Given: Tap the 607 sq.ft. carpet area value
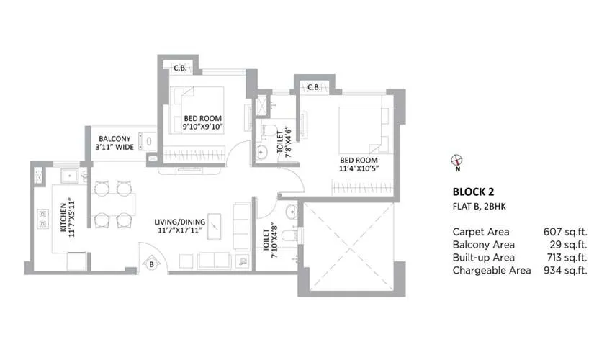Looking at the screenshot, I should pyautogui.click(x=565, y=232).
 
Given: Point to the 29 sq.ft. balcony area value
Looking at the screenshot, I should pyautogui.click(x=569, y=245).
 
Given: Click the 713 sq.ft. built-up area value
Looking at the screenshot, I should pyautogui.click(x=565, y=258).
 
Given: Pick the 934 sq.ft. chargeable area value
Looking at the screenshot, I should pyautogui.click(x=565, y=271).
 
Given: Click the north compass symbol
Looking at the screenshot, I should pyautogui.click(x=456, y=161).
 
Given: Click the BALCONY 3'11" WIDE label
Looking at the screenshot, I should pyautogui.click(x=115, y=143).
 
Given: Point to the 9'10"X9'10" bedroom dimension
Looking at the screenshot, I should pyautogui.click(x=203, y=127).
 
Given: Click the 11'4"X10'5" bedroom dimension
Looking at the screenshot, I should pyautogui.click(x=358, y=168).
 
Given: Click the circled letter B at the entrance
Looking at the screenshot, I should pyautogui.click(x=152, y=264).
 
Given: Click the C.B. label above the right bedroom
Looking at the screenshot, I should pyautogui.click(x=314, y=87).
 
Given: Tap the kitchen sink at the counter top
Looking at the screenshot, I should pyautogui.click(x=72, y=175).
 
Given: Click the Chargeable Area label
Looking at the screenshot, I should pyautogui.click(x=492, y=271).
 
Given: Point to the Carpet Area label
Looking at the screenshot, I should pyautogui.click(x=481, y=232).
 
